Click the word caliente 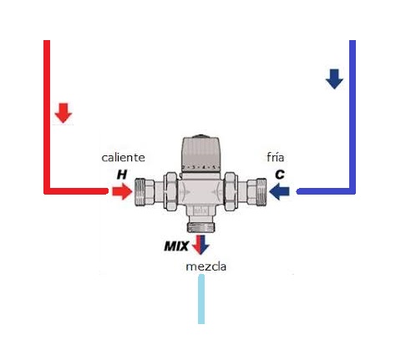coord(123,158)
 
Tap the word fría coord(276,157)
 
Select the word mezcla coord(206,266)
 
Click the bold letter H coord(122,175)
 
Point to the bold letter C coord(280,175)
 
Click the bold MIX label coord(176,246)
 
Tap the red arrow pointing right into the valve coord(122,191)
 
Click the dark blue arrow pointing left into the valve coord(280,191)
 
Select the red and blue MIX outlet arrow coord(200,245)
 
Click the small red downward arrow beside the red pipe coord(63,113)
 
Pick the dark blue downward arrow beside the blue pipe coord(334,79)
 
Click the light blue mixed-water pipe coord(201,299)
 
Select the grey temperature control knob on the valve coord(201,154)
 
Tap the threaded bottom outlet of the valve coord(201,226)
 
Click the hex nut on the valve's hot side coord(170,191)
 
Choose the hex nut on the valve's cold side coord(231,191)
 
